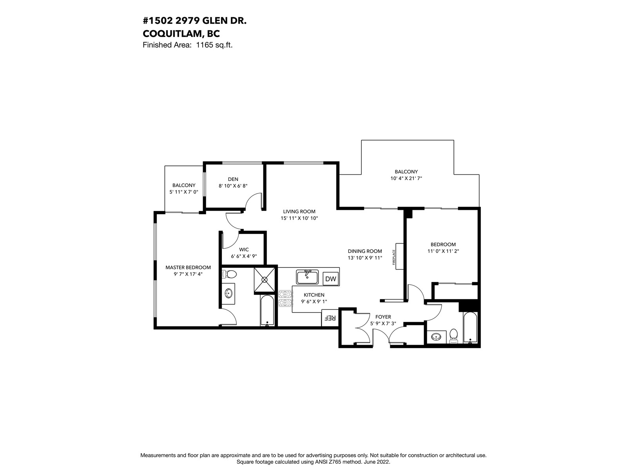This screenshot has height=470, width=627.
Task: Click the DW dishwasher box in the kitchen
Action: (330, 279)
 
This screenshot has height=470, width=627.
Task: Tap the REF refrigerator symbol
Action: (330, 318)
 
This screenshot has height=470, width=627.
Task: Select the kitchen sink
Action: (307, 277)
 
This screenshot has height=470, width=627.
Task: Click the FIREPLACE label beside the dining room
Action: (393, 257)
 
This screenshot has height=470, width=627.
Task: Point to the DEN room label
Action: (233, 179)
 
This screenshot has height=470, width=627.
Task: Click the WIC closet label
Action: (244, 250)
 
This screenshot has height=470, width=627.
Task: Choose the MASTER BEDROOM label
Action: (188, 268)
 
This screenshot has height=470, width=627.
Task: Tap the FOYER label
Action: (383, 317)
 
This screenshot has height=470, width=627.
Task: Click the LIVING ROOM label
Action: (299, 211)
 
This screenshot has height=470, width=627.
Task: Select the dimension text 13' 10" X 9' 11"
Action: (365, 258)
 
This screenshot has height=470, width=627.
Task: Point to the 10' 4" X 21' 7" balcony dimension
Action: (406, 178)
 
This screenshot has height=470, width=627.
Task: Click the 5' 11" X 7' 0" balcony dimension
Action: (184, 192)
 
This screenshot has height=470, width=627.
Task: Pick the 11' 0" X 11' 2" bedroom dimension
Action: (443, 251)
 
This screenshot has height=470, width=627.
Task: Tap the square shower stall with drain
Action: (265, 280)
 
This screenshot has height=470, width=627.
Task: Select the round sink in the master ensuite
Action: (228, 293)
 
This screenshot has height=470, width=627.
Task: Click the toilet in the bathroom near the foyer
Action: (454, 336)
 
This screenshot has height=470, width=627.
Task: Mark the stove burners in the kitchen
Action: (285, 298)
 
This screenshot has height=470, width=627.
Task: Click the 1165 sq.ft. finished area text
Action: (214, 45)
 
